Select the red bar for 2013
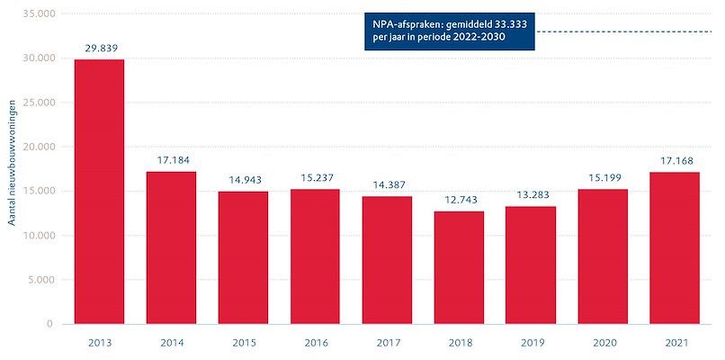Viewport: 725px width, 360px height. coord(99,192)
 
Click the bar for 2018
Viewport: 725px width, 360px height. coord(459,267)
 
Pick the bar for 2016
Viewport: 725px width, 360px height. coord(315,256)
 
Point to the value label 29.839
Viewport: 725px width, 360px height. coord(99,49)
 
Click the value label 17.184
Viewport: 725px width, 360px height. coord(171,160)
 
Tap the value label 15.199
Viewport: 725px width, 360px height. coord(603,178)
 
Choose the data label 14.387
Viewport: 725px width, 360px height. coord(387,185)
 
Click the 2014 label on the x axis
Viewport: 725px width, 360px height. coord(171,343)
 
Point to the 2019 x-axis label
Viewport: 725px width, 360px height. coord(531,343)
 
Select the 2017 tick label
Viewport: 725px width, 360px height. coord(387,343)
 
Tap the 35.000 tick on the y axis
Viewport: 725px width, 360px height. coord(36,14)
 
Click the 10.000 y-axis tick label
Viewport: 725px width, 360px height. coord(36,236)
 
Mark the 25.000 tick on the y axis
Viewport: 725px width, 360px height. coord(36,103)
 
